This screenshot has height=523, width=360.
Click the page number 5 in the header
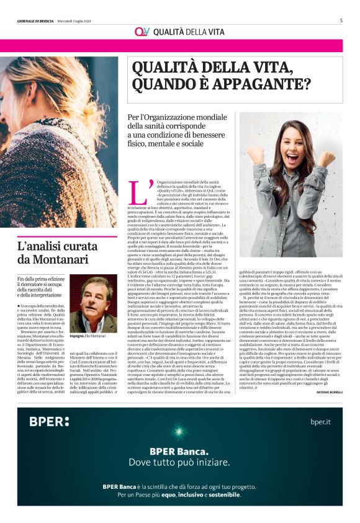(x=341, y=20)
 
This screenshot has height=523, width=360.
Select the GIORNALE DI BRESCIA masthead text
(x=41, y=20)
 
